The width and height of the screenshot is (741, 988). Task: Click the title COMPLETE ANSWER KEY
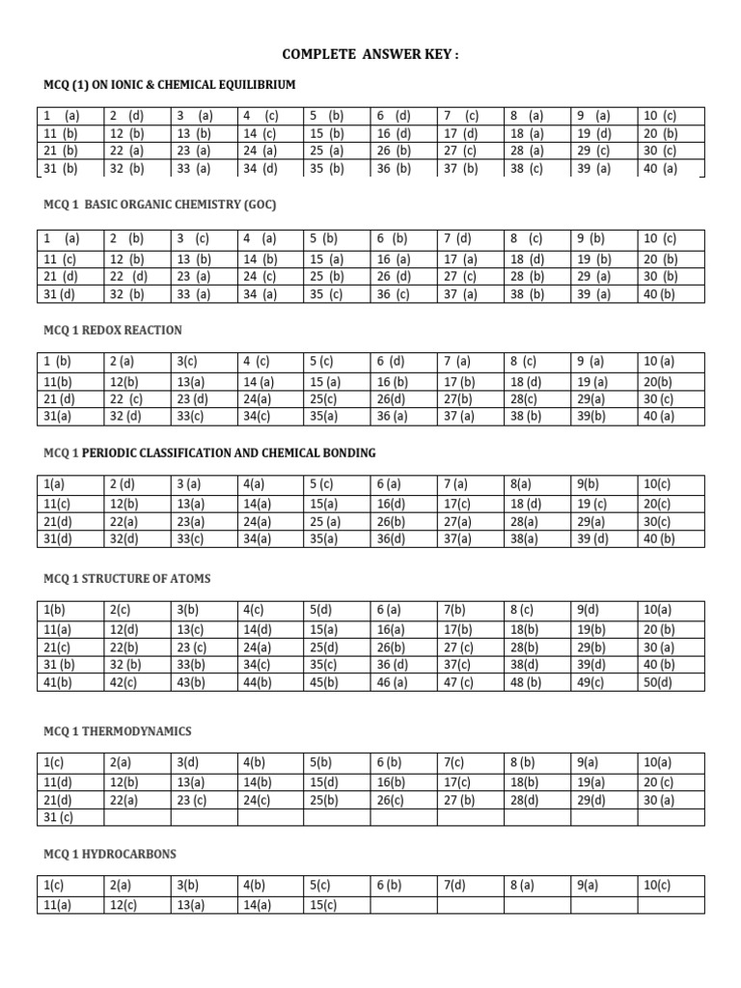[x=370, y=55]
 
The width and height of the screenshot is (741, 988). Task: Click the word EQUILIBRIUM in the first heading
[x=248, y=84]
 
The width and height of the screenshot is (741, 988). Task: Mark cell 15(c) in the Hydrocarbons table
[x=323, y=904]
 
